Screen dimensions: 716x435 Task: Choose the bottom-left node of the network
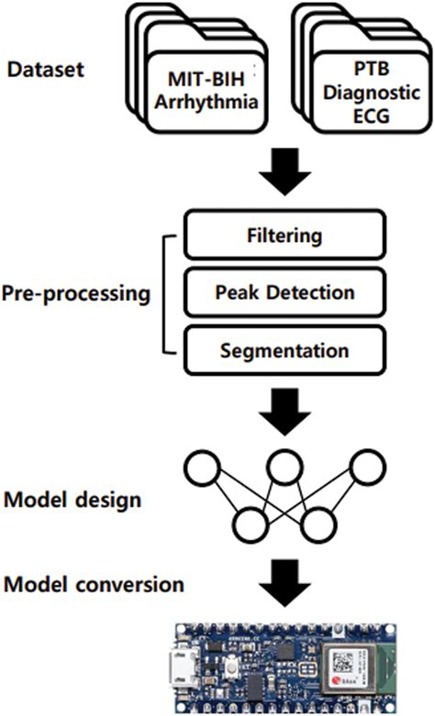[x=247, y=525]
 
